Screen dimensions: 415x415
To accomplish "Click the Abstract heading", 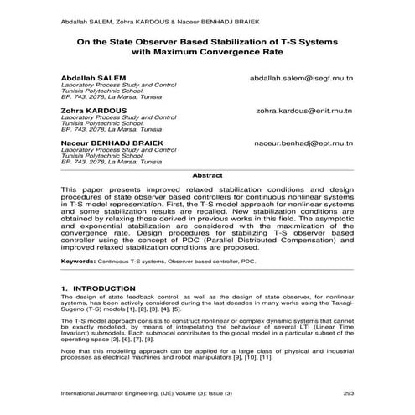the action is (207, 174).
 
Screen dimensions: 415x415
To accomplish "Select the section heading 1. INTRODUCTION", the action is (99, 288).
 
